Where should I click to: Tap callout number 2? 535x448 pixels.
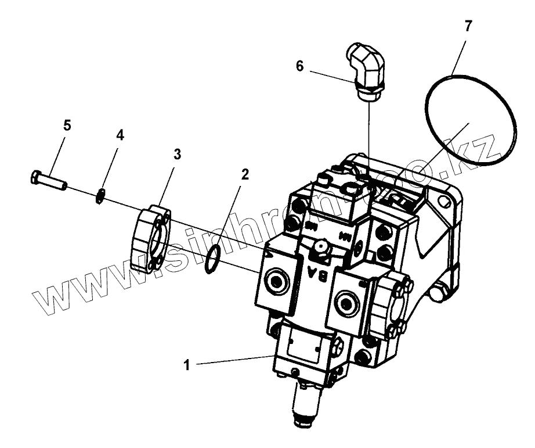click(245, 174)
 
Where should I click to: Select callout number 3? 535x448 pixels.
click(177, 155)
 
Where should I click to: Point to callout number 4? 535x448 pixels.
click(120, 135)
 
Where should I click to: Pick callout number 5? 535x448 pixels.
click(67, 125)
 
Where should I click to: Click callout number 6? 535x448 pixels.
click(299, 66)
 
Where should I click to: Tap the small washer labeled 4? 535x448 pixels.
click(100, 197)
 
